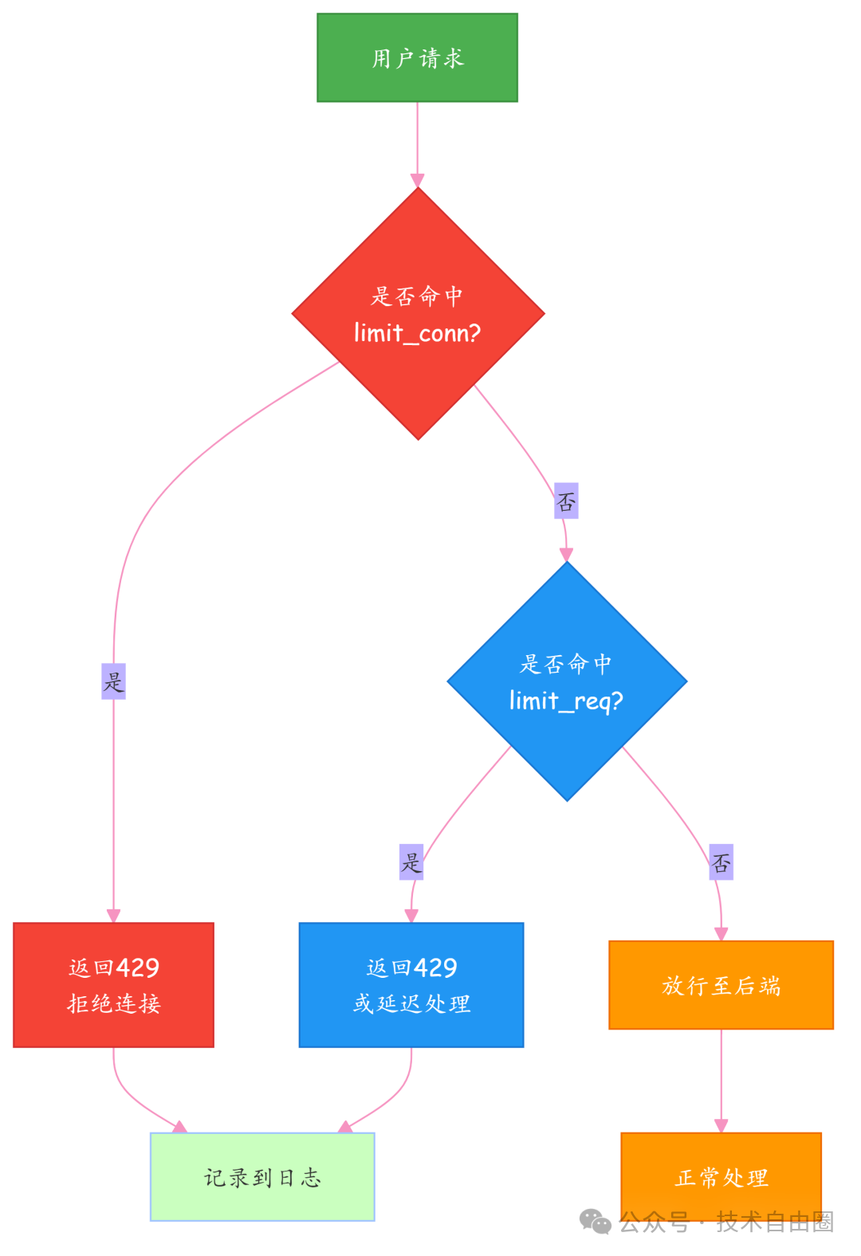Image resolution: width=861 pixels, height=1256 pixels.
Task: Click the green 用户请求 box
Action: (417, 57)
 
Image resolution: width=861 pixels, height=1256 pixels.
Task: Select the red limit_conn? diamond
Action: (418, 313)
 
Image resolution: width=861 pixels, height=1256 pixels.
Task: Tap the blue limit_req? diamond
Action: (567, 681)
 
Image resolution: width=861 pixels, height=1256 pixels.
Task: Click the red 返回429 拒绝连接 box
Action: (113, 984)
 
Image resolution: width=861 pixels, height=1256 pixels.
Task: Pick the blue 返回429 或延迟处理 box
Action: (411, 984)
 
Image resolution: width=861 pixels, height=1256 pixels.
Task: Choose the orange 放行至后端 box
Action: (721, 985)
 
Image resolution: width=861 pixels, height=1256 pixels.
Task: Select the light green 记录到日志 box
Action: (262, 1176)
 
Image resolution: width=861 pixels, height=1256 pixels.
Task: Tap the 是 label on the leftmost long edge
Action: (113, 681)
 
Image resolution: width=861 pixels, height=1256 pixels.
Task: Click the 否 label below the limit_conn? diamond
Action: (566, 500)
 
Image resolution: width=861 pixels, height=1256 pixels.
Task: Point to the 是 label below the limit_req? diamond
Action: (411, 862)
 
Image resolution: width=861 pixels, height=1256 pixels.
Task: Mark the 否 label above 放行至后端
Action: (721, 862)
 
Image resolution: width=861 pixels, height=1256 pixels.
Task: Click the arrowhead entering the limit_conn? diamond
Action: (417, 180)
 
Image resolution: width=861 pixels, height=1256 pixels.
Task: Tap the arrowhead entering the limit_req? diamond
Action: (566, 555)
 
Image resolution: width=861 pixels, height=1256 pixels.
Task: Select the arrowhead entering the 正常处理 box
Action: (721, 1125)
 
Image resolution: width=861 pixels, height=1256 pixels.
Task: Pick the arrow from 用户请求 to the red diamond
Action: (417, 135)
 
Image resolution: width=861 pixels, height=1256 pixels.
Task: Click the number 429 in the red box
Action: (138, 968)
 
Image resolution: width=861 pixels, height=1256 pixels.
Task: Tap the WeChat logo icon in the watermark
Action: (595, 1221)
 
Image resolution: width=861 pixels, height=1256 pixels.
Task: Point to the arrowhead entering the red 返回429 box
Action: (113, 916)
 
